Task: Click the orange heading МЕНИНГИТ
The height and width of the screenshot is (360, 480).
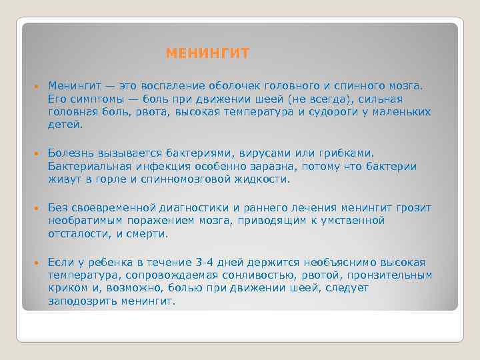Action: (207, 53)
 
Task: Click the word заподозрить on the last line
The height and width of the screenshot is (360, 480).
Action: (82, 301)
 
